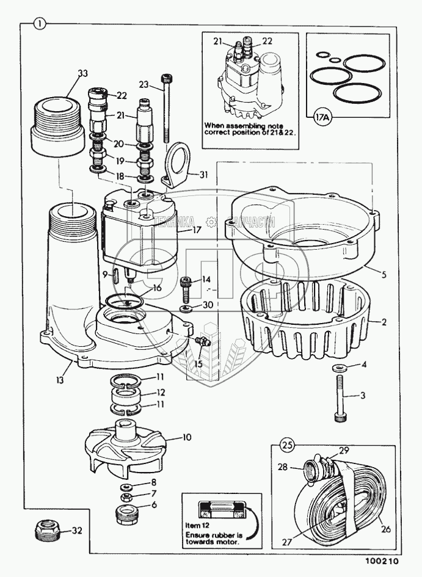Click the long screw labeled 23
click(167, 116)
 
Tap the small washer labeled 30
click(187, 303)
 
